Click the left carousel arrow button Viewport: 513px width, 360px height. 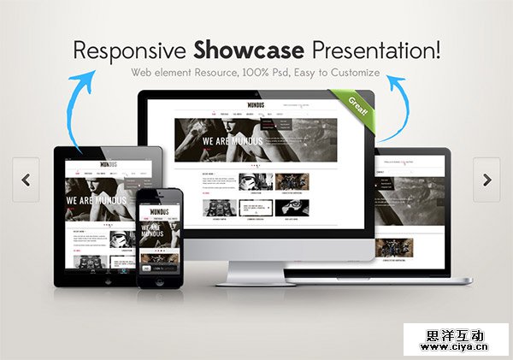point(27,180)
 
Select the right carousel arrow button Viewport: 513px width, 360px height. point(486,180)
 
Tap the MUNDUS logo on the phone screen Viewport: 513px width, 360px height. point(160,209)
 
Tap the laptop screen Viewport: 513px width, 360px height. point(419,210)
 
